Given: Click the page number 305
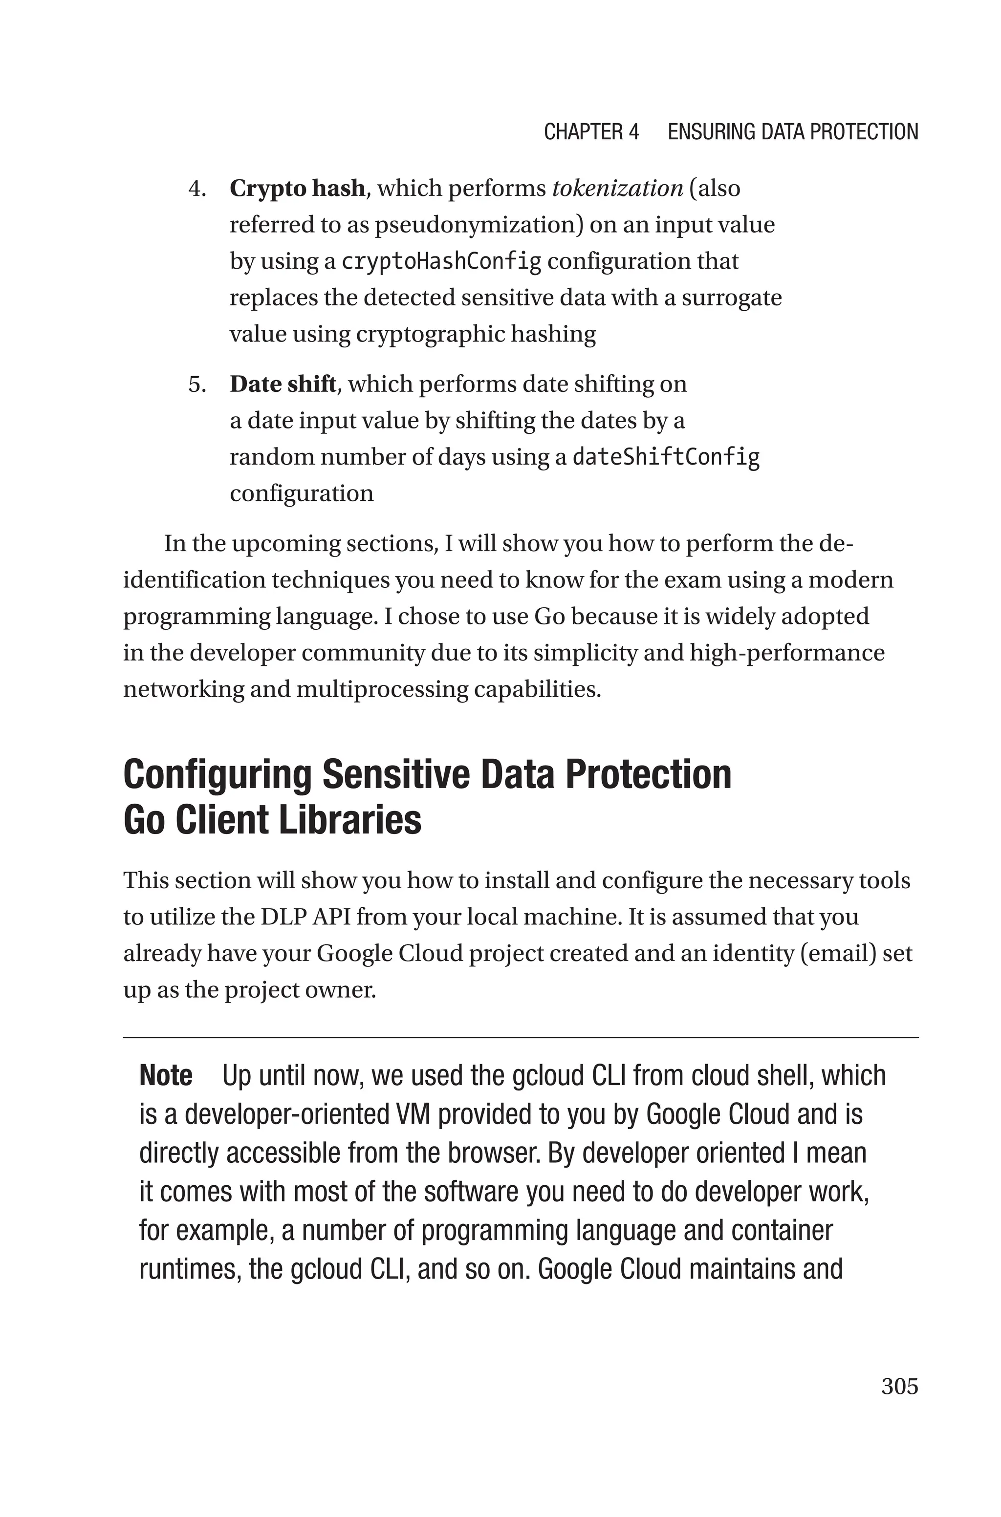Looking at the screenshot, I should click(x=899, y=1386).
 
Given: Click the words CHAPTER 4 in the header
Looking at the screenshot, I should click(x=591, y=132).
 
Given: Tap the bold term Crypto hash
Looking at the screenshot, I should click(x=297, y=188).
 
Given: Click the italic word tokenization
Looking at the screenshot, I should click(x=617, y=188).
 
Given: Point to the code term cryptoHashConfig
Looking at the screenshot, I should click(x=441, y=261).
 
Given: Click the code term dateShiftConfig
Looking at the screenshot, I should click(x=666, y=457).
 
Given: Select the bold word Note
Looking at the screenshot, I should click(x=165, y=1075).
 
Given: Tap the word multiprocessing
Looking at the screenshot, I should click(x=382, y=689).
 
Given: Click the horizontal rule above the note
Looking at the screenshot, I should click(x=520, y=1038).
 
